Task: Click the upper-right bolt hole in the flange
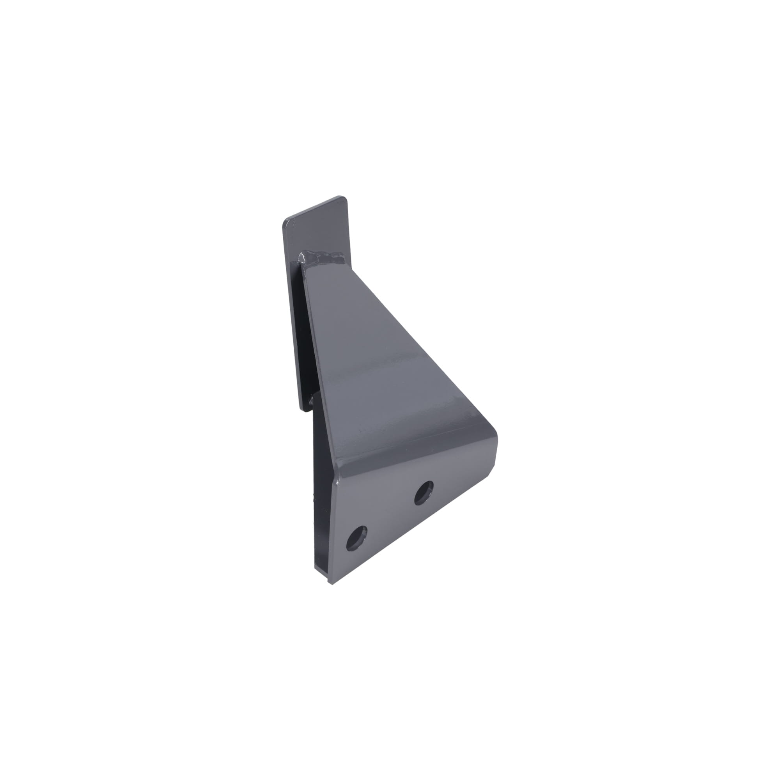point(424,493)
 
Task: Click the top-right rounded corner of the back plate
point(345,199)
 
